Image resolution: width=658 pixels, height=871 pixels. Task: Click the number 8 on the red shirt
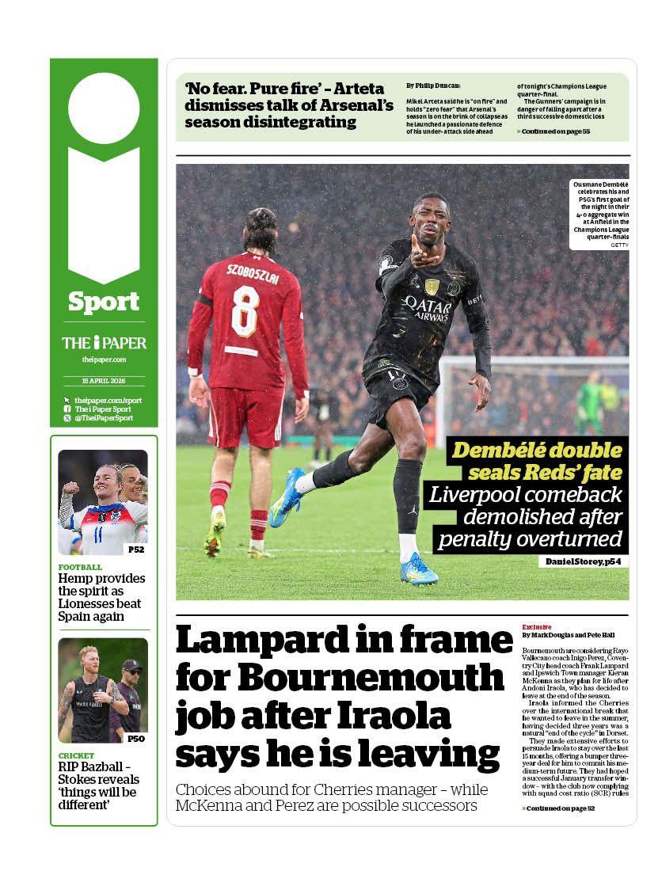pyautogui.click(x=245, y=311)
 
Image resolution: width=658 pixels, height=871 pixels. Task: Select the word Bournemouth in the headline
pyautogui.click(x=371, y=678)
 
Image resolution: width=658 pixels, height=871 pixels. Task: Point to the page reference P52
pyautogui.click(x=135, y=549)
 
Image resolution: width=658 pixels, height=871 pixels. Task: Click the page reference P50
pyautogui.click(x=135, y=739)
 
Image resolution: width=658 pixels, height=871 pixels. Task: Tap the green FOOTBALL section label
pyautogui.click(x=80, y=567)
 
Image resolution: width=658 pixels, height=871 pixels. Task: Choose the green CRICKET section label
pyautogui.click(x=76, y=755)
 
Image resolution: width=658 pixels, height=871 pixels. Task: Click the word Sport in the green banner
pyautogui.click(x=104, y=302)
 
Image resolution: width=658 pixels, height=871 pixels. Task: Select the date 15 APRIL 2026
pyautogui.click(x=104, y=381)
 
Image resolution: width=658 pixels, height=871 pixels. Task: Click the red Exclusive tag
pyautogui.click(x=537, y=626)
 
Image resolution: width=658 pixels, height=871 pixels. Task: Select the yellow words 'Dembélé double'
pyautogui.click(x=536, y=451)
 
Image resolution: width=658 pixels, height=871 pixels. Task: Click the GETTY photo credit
pyautogui.click(x=618, y=245)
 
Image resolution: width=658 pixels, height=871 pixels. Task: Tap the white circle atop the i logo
pyautogui.click(x=104, y=108)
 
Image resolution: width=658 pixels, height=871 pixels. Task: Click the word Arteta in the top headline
pyautogui.click(x=363, y=88)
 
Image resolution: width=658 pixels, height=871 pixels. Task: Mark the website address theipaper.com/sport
pyautogui.click(x=108, y=400)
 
